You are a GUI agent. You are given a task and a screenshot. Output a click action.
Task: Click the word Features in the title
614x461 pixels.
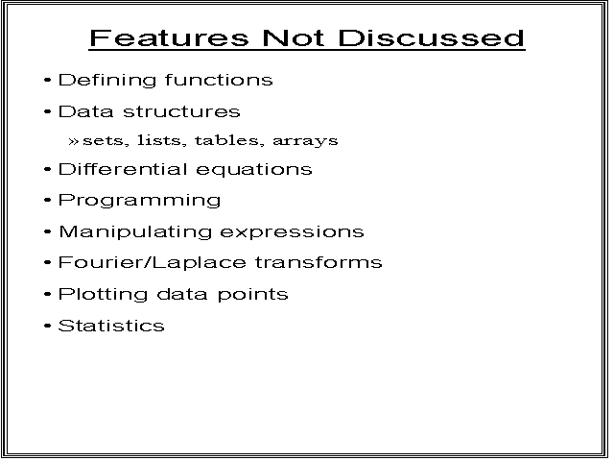tap(169, 38)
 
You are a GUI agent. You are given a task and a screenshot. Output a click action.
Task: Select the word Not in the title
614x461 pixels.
tap(294, 38)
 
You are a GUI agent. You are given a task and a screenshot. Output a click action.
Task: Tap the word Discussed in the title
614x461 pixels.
tap(431, 38)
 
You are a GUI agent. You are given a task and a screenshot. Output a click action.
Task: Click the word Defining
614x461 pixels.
tap(107, 81)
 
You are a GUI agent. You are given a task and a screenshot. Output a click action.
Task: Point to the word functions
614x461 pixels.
tap(219, 80)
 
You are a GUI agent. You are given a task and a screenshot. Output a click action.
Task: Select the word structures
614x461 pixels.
tap(181, 111)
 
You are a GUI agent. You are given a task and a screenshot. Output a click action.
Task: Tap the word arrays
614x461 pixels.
tap(305, 141)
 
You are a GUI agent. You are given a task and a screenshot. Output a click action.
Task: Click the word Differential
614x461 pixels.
tap(123, 169)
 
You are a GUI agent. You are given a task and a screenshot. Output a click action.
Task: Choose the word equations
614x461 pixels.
tap(253, 170)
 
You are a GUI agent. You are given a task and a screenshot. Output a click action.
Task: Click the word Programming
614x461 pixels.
tap(140, 201)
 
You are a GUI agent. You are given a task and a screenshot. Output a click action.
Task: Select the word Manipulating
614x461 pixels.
tap(135, 232)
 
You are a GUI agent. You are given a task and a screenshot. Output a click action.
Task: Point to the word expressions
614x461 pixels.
tap(292, 232)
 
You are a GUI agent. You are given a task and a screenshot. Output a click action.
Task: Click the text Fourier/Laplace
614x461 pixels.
tap(153, 262)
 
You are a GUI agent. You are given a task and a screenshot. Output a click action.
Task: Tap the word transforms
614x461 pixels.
tap(319, 262)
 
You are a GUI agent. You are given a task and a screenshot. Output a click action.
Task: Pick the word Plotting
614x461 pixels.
tap(103, 295)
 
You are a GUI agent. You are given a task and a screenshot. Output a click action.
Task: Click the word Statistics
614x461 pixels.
tap(111, 326)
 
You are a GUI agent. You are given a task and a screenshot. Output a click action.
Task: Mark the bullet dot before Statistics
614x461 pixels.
tap(48, 326)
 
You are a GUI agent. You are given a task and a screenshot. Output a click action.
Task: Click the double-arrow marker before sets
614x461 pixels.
tap(74, 141)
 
